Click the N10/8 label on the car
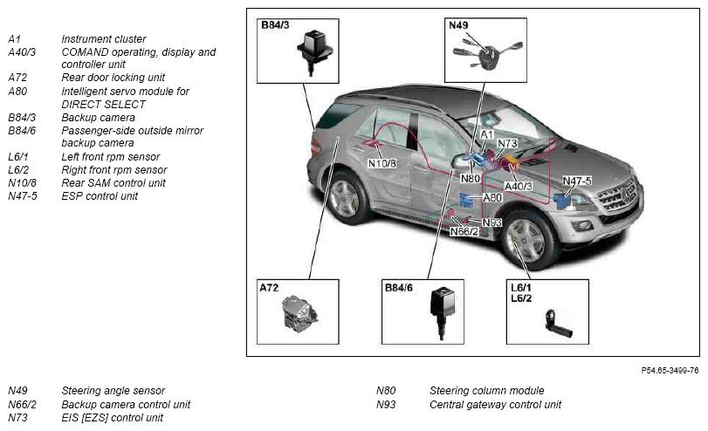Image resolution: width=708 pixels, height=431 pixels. pyautogui.click(x=382, y=163)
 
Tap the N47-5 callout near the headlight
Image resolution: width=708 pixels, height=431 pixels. pyautogui.click(x=577, y=181)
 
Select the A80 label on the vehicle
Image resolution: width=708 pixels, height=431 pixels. pyautogui.click(x=492, y=198)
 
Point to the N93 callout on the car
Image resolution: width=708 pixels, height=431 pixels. pyautogui.click(x=492, y=222)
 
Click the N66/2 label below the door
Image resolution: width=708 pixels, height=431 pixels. pyautogui.click(x=464, y=231)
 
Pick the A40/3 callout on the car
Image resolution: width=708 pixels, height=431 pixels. pyautogui.click(x=519, y=186)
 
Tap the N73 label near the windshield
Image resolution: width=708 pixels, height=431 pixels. pyautogui.click(x=507, y=143)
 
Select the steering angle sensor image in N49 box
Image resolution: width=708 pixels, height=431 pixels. pyautogui.click(x=487, y=53)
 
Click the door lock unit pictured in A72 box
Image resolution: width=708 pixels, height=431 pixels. pyautogui.click(x=299, y=312)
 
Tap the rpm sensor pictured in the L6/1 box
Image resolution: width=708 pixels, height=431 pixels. pyautogui.click(x=558, y=324)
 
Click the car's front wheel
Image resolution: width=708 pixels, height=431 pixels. pyautogui.click(x=527, y=238)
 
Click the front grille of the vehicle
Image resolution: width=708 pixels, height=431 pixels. pyautogui.click(x=618, y=197)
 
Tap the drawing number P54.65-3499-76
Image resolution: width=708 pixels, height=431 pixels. pyautogui.click(x=670, y=371)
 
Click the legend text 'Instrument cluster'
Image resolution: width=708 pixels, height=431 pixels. pyautogui.click(x=103, y=38)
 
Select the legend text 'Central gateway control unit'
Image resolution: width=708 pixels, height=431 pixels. pyautogui.click(x=495, y=404)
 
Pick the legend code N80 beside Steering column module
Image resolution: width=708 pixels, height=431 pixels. pyautogui.click(x=386, y=390)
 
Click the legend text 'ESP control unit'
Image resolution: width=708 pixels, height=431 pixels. pyautogui.click(x=100, y=195)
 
